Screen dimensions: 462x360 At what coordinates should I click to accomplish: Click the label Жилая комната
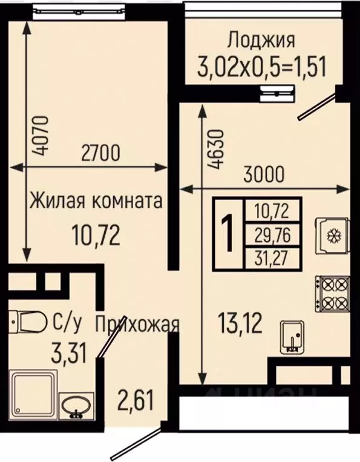click(96, 201)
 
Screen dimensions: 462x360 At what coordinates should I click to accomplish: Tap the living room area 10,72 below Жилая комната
click(95, 233)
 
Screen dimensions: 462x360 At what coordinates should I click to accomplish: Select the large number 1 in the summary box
click(229, 235)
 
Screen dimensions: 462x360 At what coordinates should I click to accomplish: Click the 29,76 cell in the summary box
click(272, 235)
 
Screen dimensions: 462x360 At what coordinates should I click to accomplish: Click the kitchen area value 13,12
click(240, 325)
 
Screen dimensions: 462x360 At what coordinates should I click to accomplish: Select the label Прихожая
click(137, 324)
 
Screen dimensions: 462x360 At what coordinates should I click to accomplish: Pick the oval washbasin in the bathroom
click(76, 404)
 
